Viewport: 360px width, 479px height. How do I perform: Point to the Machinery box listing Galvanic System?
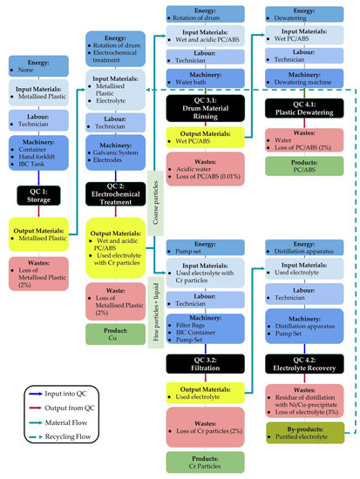pyautogui.click(x=119, y=175)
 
